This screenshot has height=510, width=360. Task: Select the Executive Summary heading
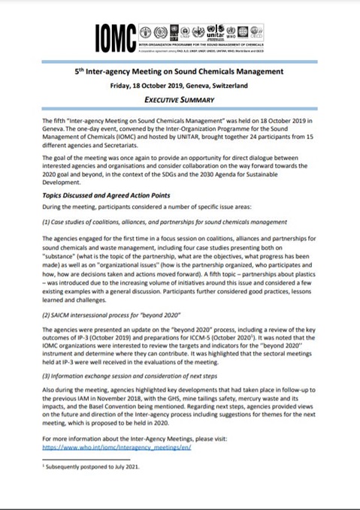(x=179, y=98)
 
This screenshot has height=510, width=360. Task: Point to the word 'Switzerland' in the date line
(x=227, y=85)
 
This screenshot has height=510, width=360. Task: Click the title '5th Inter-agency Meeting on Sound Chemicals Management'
(x=179, y=71)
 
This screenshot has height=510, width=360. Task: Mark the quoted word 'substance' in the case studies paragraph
(x=62, y=254)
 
